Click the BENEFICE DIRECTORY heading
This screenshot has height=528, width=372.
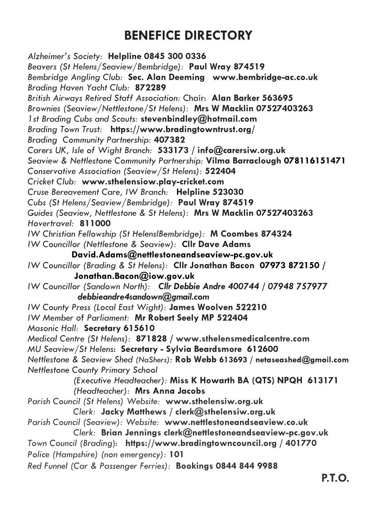(188, 35)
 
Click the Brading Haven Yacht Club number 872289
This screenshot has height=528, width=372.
(150, 88)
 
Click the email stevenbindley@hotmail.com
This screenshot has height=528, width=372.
(199, 119)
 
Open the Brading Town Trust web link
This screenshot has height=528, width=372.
(182, 129)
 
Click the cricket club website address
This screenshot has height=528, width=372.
(153, 181)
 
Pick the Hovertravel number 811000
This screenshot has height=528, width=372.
(95, 223)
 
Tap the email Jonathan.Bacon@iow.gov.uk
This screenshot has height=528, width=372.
(134, 276)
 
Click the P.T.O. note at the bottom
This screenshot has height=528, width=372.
(335, 479)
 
